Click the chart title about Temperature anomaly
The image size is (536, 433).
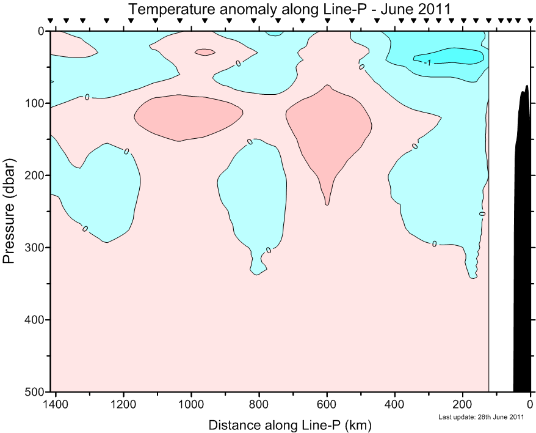coord(289,9)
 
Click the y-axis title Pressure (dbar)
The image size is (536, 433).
coord(9,210)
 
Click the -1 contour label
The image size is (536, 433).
coord(429,63)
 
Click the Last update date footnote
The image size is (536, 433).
coord(481,418)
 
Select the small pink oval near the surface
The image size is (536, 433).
coord(205,53)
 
